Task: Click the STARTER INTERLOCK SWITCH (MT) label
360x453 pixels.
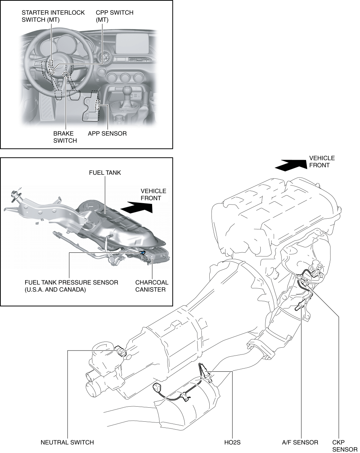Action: point(53,16)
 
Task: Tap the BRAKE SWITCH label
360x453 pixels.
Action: point(65,137)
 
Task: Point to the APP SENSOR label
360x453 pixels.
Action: point(107,133)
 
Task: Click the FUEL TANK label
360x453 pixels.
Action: point(105,173)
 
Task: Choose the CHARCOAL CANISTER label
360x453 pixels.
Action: point(151,286)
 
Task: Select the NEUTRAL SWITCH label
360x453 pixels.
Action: point(67,442)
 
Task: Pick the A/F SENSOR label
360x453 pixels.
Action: point(300,442)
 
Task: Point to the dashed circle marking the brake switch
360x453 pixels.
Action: point(65,75)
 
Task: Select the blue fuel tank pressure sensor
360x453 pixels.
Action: point(143,253)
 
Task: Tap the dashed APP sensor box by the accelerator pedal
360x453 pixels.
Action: point(97,105)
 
